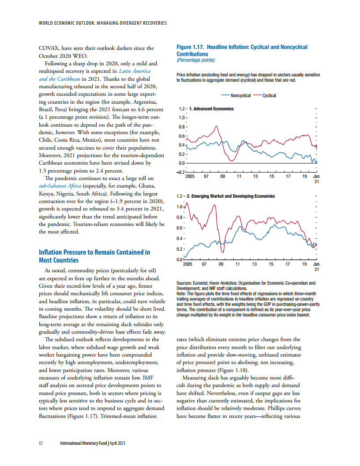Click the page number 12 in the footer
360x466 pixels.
pyautogui.click(x=41, y=443)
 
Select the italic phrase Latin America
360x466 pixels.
pyautogui.click(x=135, y=71)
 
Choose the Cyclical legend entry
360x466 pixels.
pyautogui.click(x=269, y=95)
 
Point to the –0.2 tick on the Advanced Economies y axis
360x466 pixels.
pyautogui.click(x=181, y=172)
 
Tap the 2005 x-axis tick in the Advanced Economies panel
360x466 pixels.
pyautogui.click(x=190, y=177)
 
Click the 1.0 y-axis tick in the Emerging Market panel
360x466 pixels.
pyautogui.click(x=180, y=207)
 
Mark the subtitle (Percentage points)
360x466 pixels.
pyautogui.click(x=195, y=60)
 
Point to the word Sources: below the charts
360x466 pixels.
pyautogui.click(x=184, y=282)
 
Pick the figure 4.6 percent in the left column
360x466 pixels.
pyautogui.click(x=141, y=109)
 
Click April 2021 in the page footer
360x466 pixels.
pyautogui.click(x=119, y=443)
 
